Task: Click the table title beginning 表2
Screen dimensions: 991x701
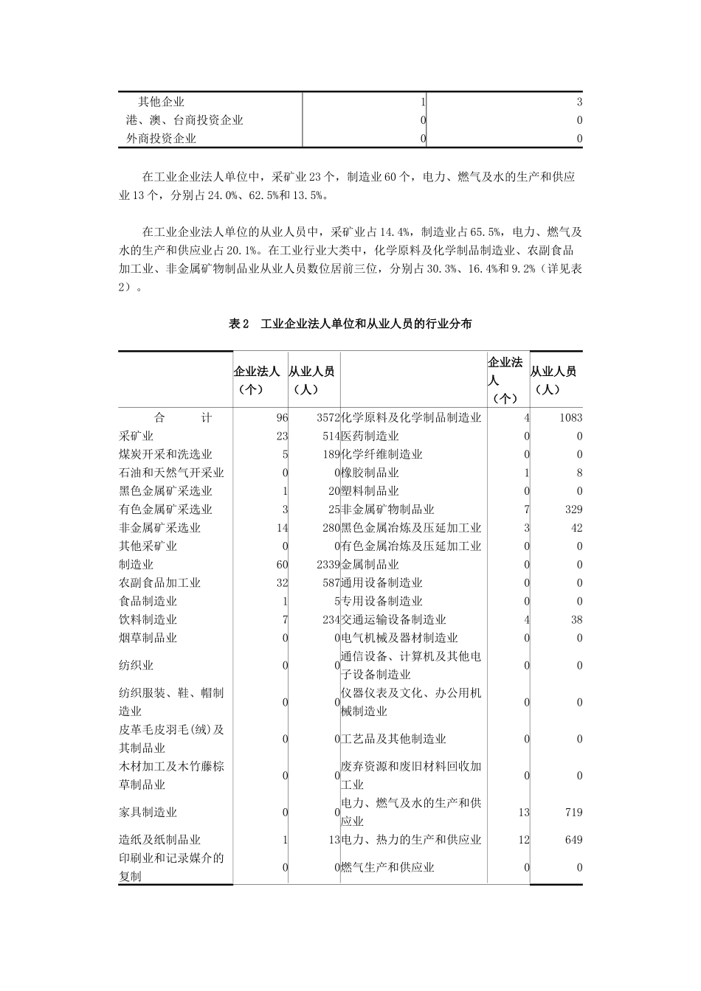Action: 350,324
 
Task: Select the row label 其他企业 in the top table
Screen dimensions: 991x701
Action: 161,102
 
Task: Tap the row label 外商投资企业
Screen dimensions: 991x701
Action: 161,138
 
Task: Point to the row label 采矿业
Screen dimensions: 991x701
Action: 137,436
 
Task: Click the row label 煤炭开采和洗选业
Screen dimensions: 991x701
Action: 165,454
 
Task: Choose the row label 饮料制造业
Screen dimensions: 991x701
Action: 148,619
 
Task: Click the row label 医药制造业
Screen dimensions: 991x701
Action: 370,436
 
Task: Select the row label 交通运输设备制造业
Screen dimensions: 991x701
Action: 393,619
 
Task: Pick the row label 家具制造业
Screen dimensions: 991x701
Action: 148,812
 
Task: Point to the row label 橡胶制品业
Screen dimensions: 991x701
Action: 370,473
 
